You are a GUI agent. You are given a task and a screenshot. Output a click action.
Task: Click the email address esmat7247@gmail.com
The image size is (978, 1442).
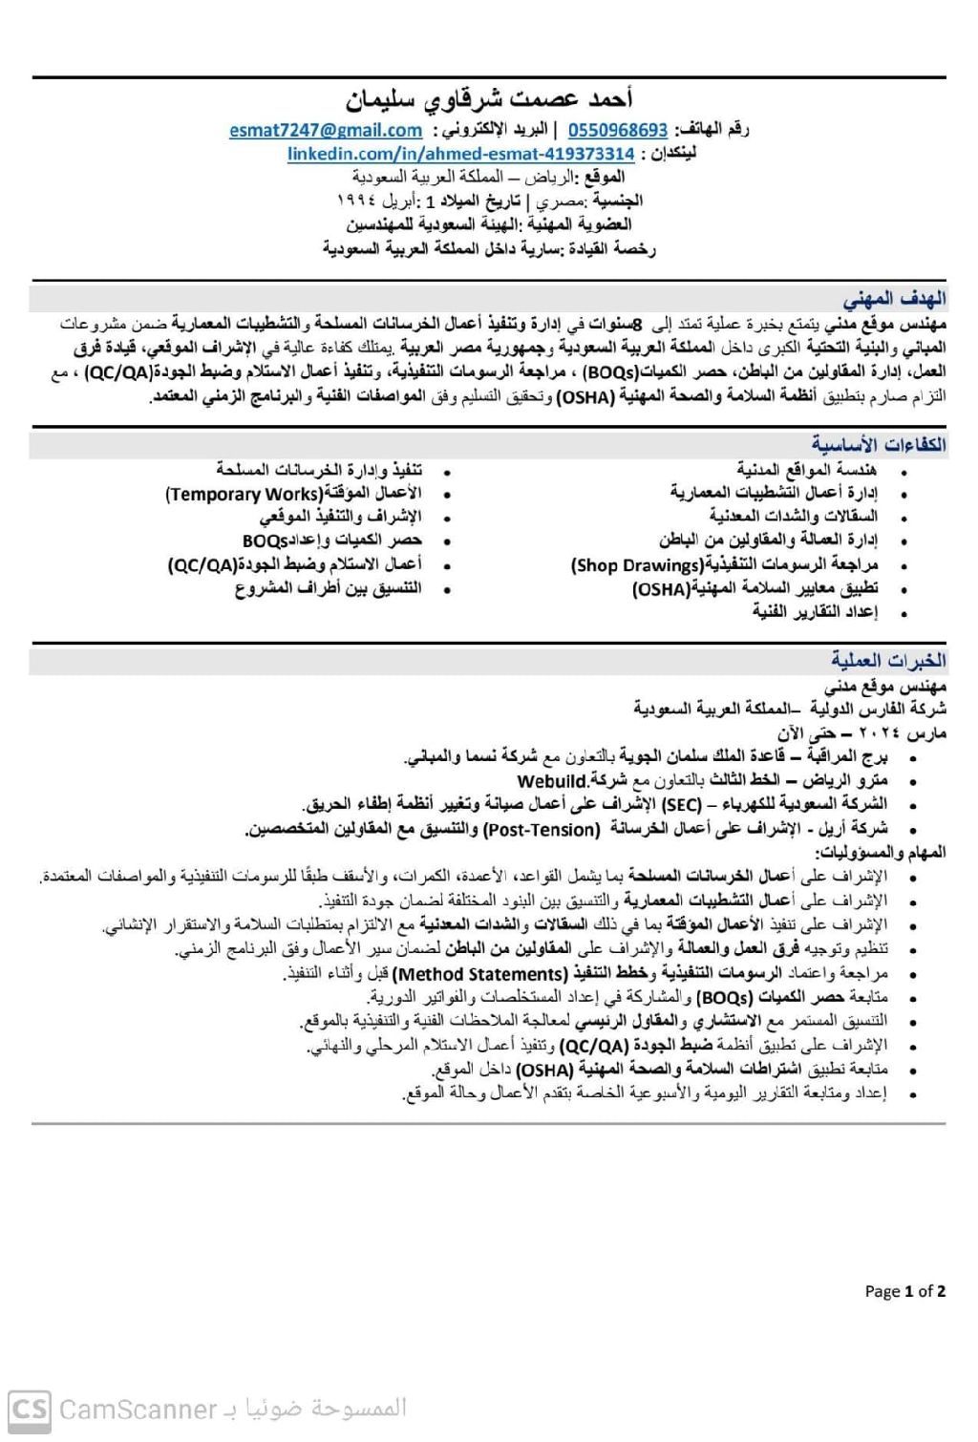[x=326, y=130]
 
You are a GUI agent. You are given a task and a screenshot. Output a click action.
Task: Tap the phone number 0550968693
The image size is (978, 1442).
[x=618, y=130]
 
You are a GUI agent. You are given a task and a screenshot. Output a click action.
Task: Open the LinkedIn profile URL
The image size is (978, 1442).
[x=461, y=154]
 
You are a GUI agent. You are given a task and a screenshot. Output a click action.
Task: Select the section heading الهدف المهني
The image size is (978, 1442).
[x=894, y=297]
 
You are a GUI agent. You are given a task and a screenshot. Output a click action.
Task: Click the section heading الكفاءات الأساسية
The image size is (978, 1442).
[x=880, y=444]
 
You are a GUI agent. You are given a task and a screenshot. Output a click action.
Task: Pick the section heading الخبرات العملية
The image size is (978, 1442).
[x=888, y=660]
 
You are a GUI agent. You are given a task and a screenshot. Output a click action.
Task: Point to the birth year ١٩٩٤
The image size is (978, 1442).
[x=358, y=201]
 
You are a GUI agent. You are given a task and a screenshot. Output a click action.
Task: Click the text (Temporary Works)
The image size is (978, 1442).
[x=243, y=494]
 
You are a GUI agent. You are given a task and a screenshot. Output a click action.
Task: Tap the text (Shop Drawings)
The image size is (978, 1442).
[x=636, y=565]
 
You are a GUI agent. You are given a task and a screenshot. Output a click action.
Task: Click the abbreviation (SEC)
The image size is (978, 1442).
[x=680, y=804]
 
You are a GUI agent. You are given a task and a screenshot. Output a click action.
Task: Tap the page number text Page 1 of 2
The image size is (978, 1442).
[x=904, y=1291]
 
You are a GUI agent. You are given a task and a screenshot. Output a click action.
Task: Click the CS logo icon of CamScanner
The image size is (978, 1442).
[x=30, y=1409]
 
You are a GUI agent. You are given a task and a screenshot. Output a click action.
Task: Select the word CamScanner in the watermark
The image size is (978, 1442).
[x=138, y=1410]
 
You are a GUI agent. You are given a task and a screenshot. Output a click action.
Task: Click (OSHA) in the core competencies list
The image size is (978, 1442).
[x=660, y=589]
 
